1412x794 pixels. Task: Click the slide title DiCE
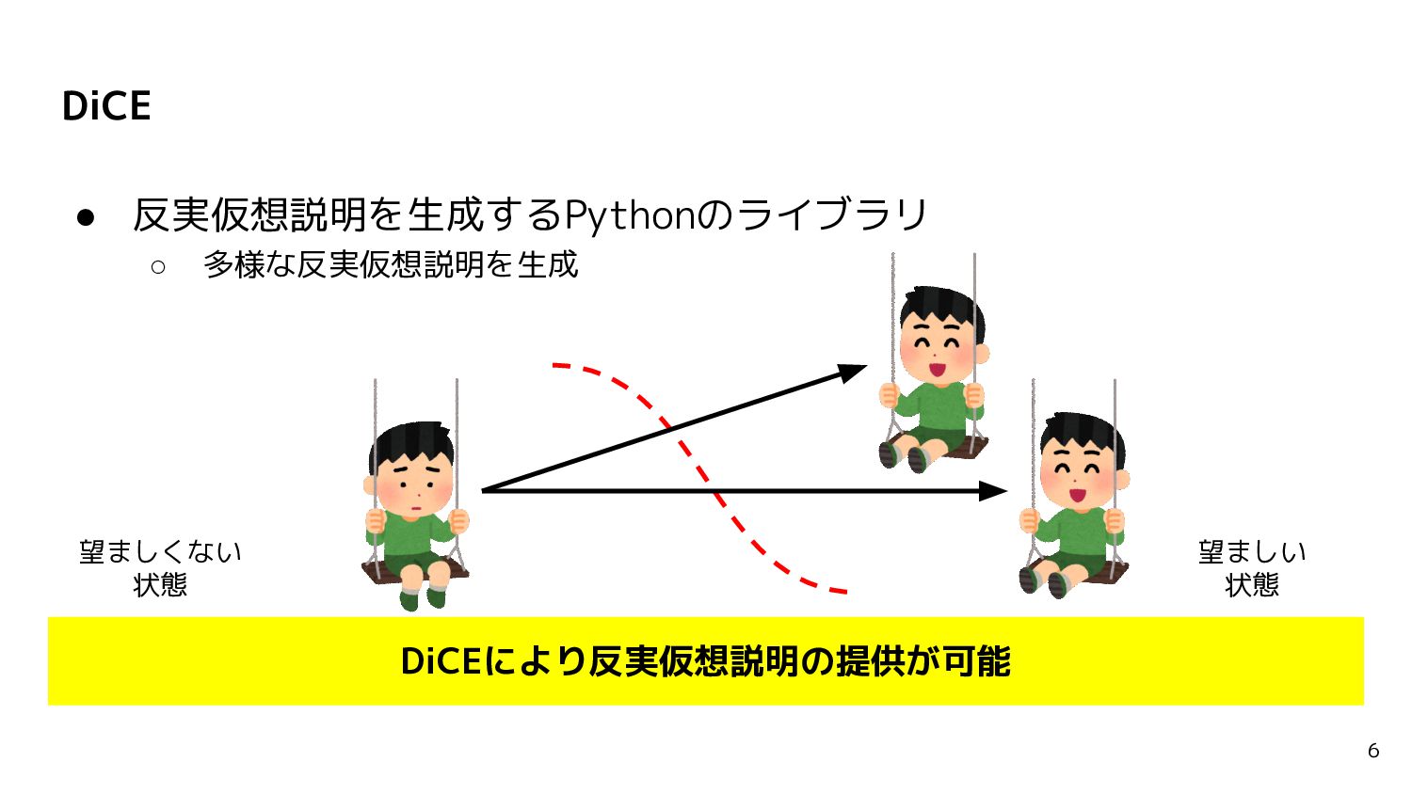(106, 105)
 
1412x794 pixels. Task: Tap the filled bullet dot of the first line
(86, 218)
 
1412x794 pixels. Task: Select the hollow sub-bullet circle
(158, 267)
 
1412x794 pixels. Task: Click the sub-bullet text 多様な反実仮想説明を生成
(390, 265)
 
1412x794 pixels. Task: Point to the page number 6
(1373, 751)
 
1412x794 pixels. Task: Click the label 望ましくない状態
(160, 567)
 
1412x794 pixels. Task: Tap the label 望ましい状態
(1251, 567)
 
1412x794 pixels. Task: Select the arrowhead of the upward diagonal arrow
(855, 372)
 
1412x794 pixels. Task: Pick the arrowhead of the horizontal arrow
(996, 490)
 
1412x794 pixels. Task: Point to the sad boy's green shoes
(423, 596)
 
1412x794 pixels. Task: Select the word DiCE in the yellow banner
(441, 661)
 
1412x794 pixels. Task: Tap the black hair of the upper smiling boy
(941, 303)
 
